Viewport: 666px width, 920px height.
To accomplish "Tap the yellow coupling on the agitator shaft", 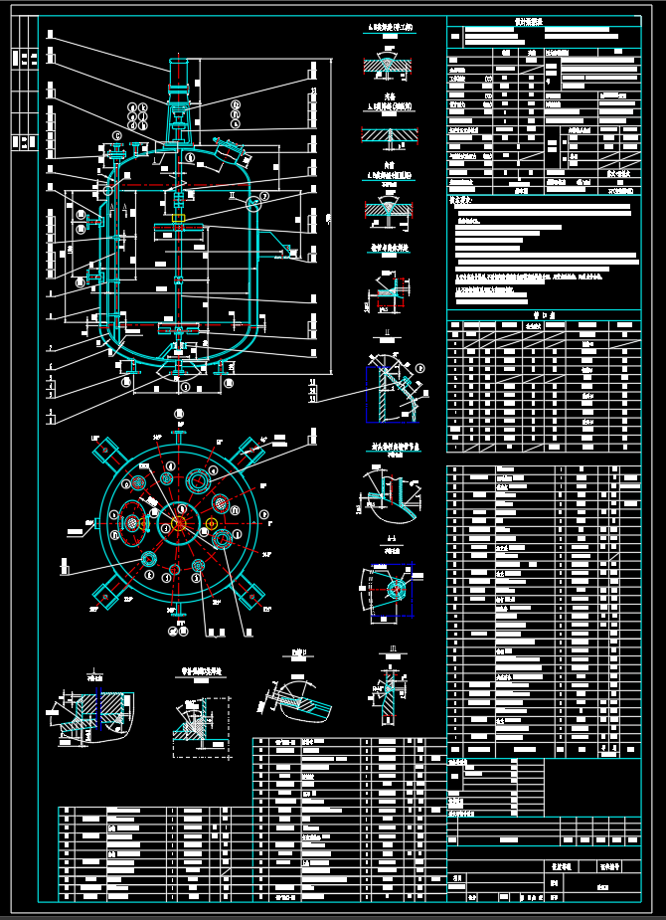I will tap(179, 218).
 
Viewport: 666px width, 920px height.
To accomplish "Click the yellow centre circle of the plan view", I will tap(179, 522).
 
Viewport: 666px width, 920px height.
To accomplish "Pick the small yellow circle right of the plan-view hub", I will tap(212, 523).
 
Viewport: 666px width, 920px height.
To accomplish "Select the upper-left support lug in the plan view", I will tap(106, 453).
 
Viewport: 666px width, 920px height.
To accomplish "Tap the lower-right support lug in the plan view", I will tap(249, 595).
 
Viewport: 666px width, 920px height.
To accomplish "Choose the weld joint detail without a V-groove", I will tap(388, 134).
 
